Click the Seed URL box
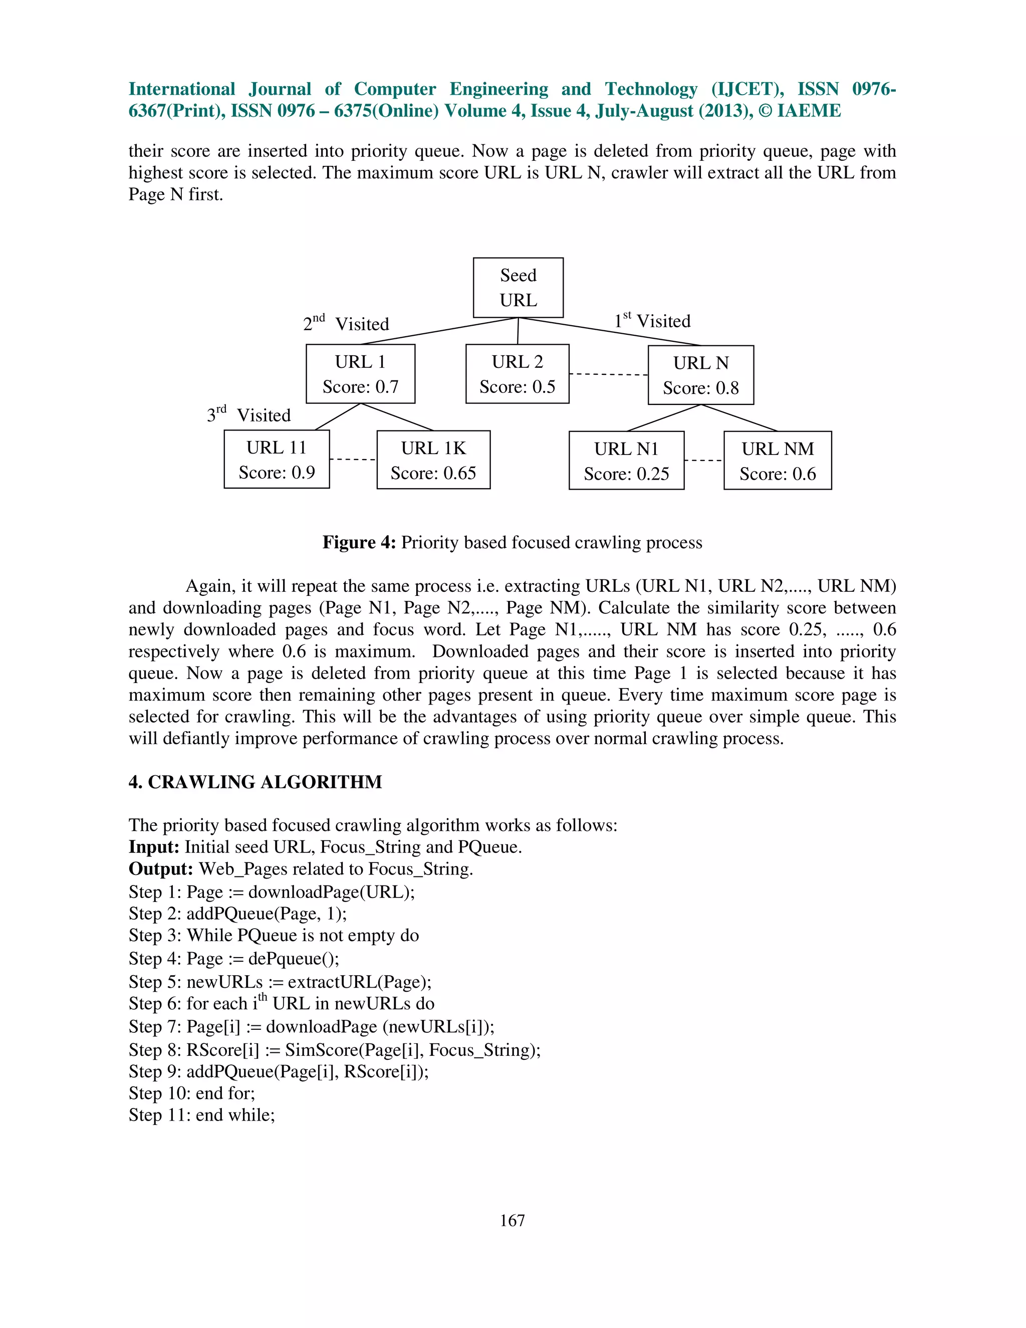coord(518,288)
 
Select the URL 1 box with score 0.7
coord(360,374)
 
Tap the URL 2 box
coord(517,374)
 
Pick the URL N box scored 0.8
coord(700,375)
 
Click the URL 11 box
coord(277,460)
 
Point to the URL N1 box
coord(626,461)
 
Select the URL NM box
coord(778,461)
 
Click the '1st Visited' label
coord(652,321)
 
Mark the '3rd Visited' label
coord(248,415)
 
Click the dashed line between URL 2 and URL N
coord(608,374)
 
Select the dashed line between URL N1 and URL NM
coord(704,461)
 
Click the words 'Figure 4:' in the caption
coord(359,542)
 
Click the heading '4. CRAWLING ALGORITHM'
coord(255,782)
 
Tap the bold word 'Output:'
coord(160,869)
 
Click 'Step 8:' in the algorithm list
coord(155,1050)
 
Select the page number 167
coord(512,1220)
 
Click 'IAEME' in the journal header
coord(809,111)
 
